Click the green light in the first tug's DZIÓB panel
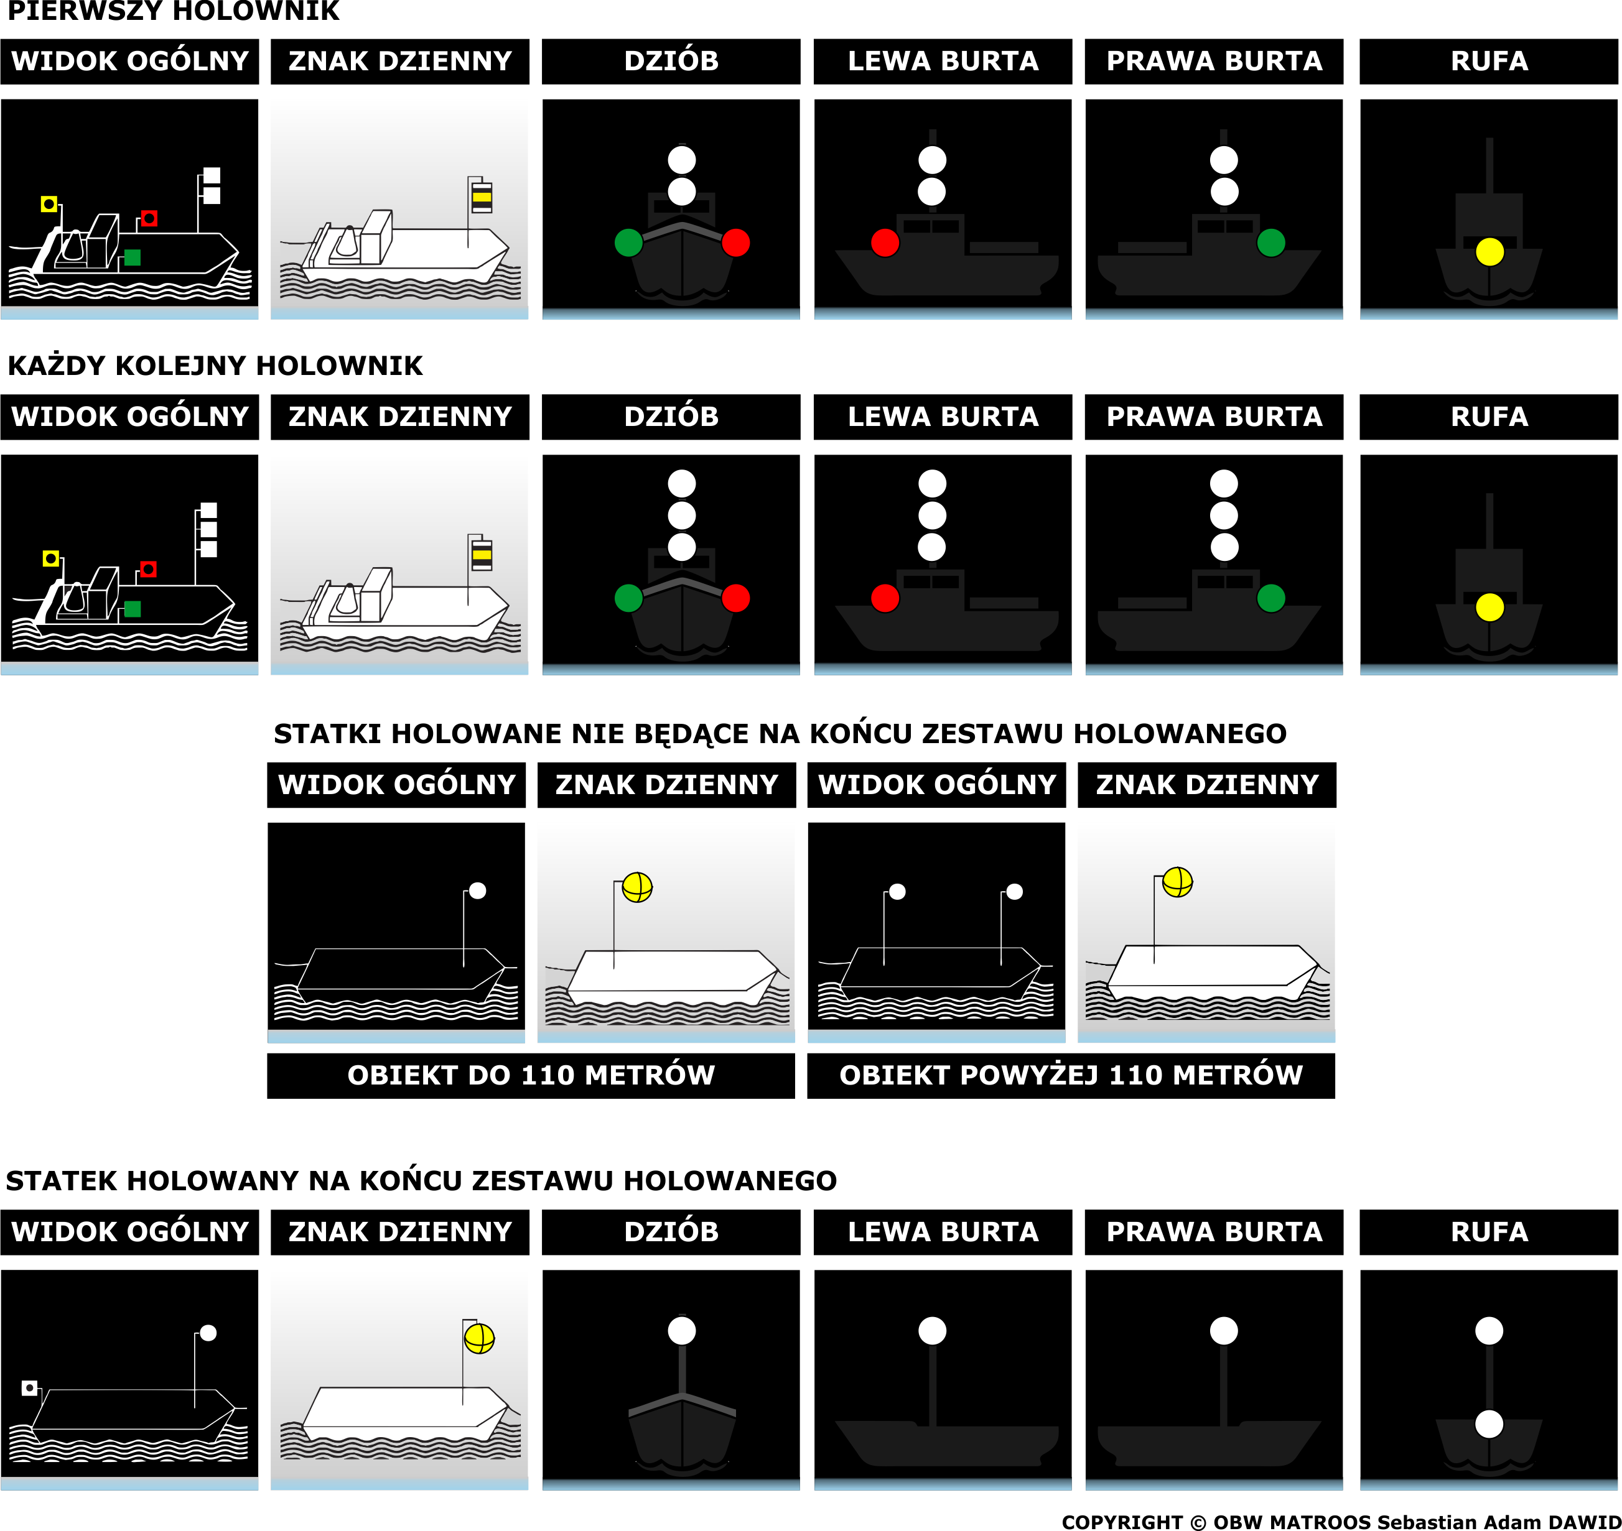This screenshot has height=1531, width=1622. pos(628,243)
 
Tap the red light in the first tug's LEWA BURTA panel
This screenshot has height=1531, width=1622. pos(885,243)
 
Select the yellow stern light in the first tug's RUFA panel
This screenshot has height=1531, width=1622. pos(1489,251)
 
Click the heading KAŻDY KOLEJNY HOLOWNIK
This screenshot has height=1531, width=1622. pos(215,366)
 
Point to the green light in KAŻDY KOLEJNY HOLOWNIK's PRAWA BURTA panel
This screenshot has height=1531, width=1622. pos(1270,598)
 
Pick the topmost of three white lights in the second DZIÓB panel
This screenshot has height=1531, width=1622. pos(682,483)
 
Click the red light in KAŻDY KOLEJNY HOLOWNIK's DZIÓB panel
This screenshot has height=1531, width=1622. pos(735,598)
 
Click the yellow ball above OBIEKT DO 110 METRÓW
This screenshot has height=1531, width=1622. pos(636,887)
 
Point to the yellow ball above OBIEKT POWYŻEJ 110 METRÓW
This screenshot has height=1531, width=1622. pos(1177,881)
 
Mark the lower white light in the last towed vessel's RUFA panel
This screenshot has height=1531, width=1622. pos(1489,1424)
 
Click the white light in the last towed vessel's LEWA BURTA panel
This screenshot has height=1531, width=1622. pos(931,1331)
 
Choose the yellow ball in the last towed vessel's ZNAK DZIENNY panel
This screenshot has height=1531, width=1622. pos(479,1338)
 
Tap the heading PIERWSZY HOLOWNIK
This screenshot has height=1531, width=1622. pos(173,11)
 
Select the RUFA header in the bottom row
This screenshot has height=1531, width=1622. pos(1489,1233)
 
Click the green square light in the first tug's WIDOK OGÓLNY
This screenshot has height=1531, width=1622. pos(133,258)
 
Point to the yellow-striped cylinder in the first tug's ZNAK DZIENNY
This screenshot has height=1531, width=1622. pos(482,197)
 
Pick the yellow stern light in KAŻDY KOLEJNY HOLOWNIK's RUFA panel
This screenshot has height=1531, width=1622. pos(1489,607)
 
